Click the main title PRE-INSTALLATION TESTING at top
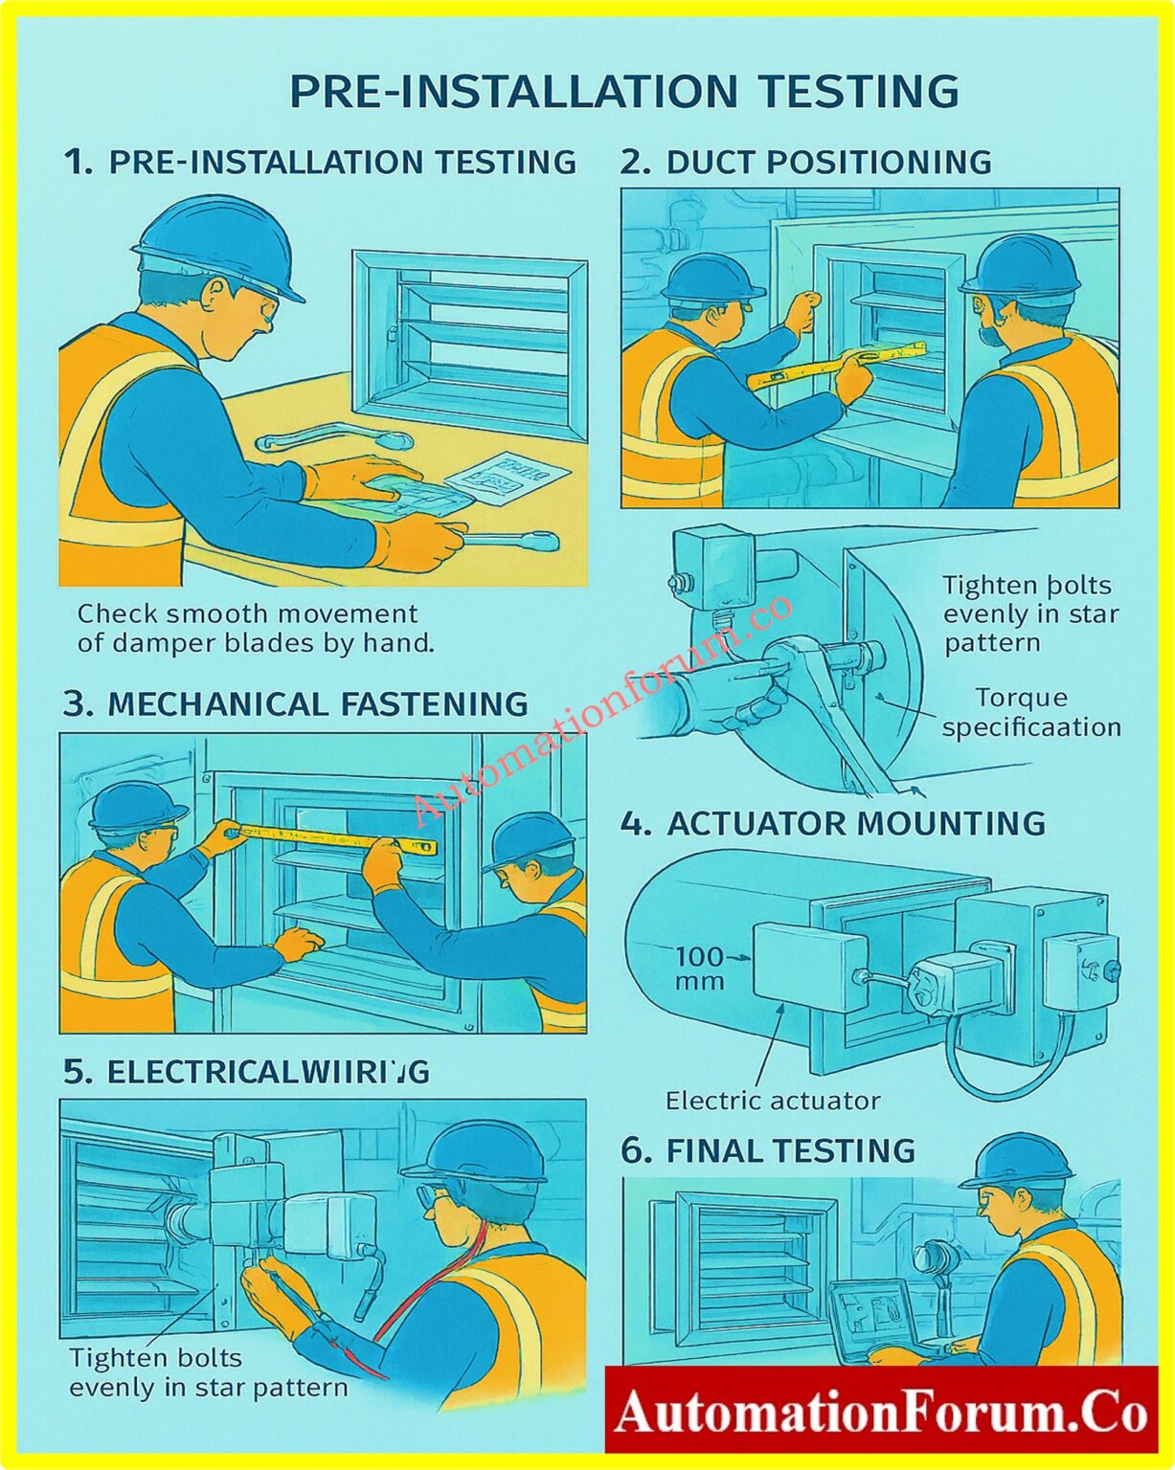point(623,92)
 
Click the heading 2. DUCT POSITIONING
point(805,162)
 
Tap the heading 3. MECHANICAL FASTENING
point(295,704)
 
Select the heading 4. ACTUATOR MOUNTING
point(832,824)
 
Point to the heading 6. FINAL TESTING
point(768,1150)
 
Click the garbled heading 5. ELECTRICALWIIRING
point(246,1072)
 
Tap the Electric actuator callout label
point(772,1101)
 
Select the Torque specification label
point(1031,713)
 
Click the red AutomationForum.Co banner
point(880,1412)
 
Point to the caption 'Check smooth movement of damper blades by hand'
point(256,628)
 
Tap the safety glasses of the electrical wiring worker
point(436,1195)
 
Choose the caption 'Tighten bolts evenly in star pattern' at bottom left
point(208,1372)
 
